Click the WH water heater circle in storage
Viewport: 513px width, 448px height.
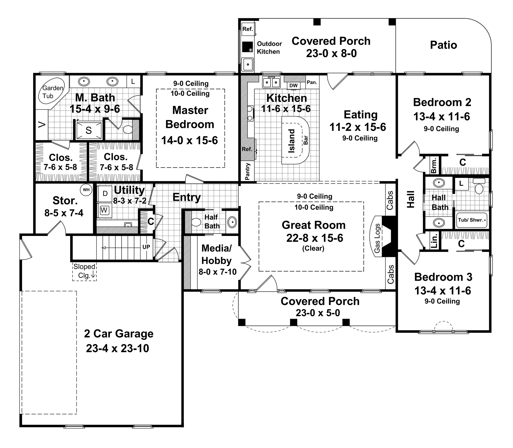pyautogui.click(x=86, y=190)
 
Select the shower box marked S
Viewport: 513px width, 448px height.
pyautogui.click(x=88, y=130)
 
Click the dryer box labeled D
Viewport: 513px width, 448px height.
pyautogui.click(x=105, y=194)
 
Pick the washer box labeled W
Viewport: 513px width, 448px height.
pyautogui.click(x=104, y=210)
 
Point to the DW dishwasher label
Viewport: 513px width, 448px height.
pyautogui.click(x=293, y=85)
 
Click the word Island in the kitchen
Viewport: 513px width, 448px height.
pyautogui.click(x=292, y=141)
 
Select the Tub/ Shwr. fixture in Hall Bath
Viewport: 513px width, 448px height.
pyautogui.click(x=471, y=220)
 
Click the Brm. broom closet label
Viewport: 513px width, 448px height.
pyautogui.click(x=434, y=165)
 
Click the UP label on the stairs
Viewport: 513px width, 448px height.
pyautogui.click(x=146, y=247)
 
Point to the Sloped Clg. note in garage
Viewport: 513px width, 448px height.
pyautogui.click(x=84, y=271)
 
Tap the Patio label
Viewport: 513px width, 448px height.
pyautogui.click(x=443, y=45)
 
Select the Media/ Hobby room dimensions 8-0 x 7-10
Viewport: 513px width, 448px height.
pyautogui.click(x=218, y=272)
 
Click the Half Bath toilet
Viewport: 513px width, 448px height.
pyautogui.click(x=196, y=222)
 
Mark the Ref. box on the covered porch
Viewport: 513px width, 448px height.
pyautogui.click(x=248, y=29)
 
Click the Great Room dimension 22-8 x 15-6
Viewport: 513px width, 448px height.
pyautogui.click(x=314, y=238)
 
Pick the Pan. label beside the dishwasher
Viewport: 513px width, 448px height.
pyautogui.click(x=312, y=82)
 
